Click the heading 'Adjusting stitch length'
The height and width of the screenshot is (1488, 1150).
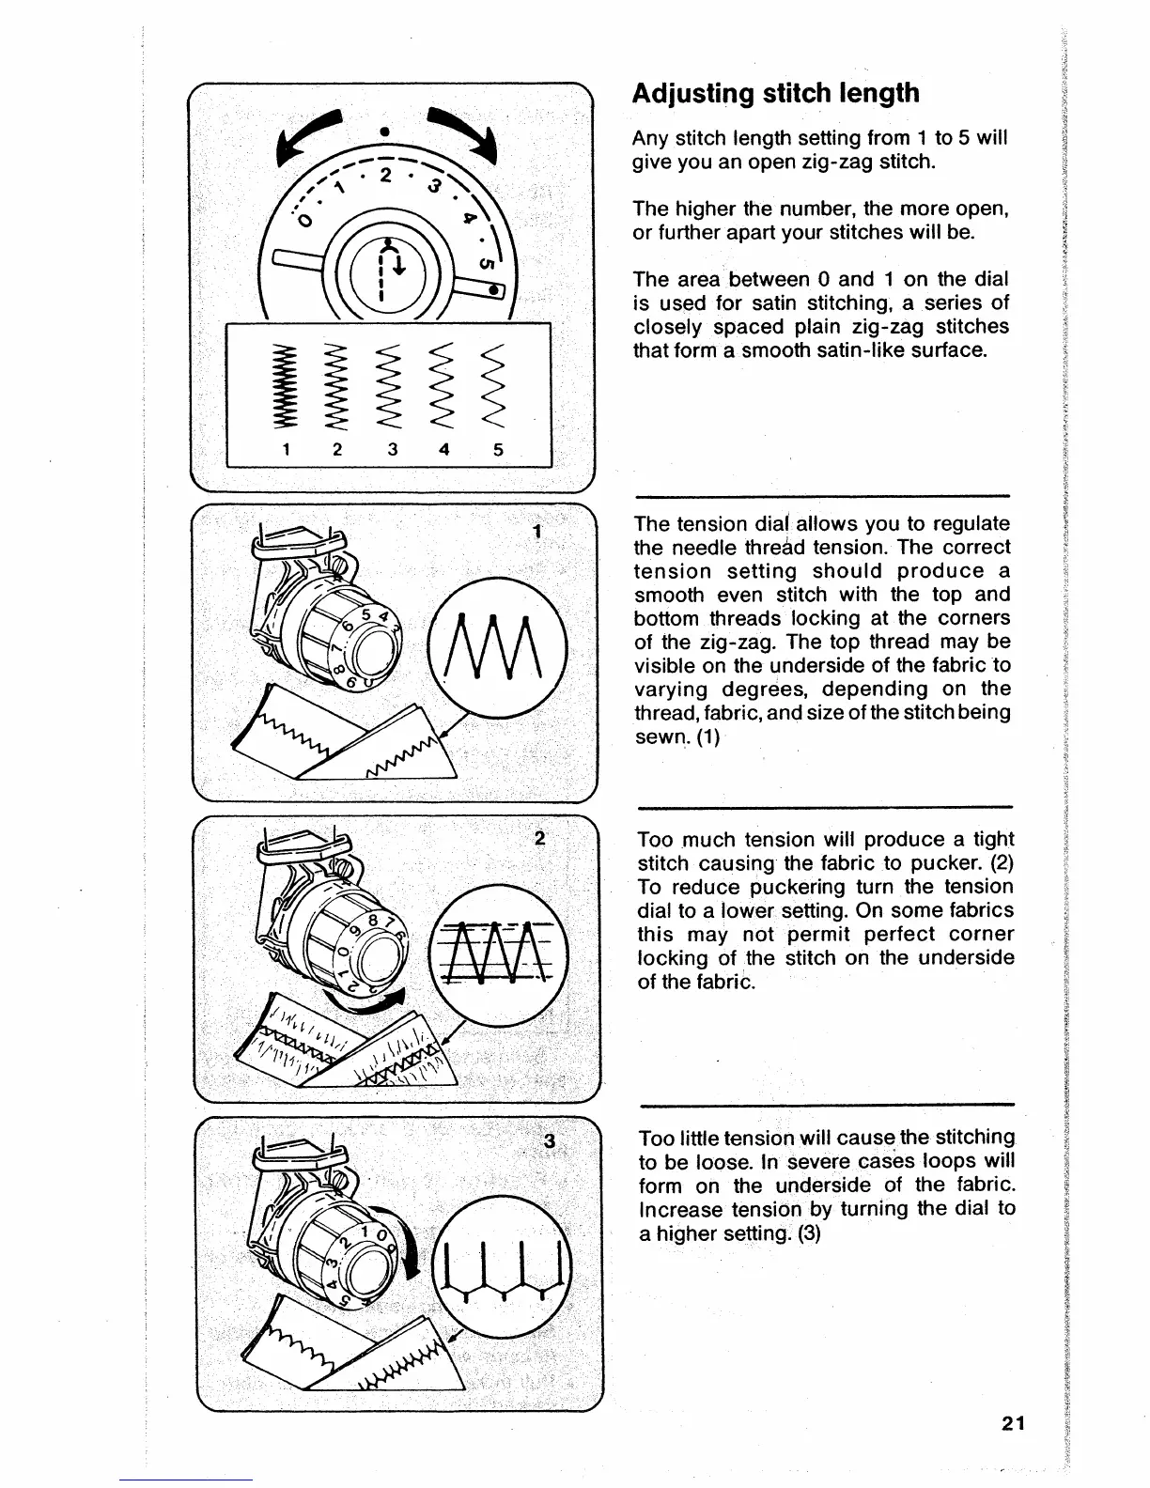(775, 93)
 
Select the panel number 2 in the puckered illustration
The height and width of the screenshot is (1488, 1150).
(539, 839)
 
